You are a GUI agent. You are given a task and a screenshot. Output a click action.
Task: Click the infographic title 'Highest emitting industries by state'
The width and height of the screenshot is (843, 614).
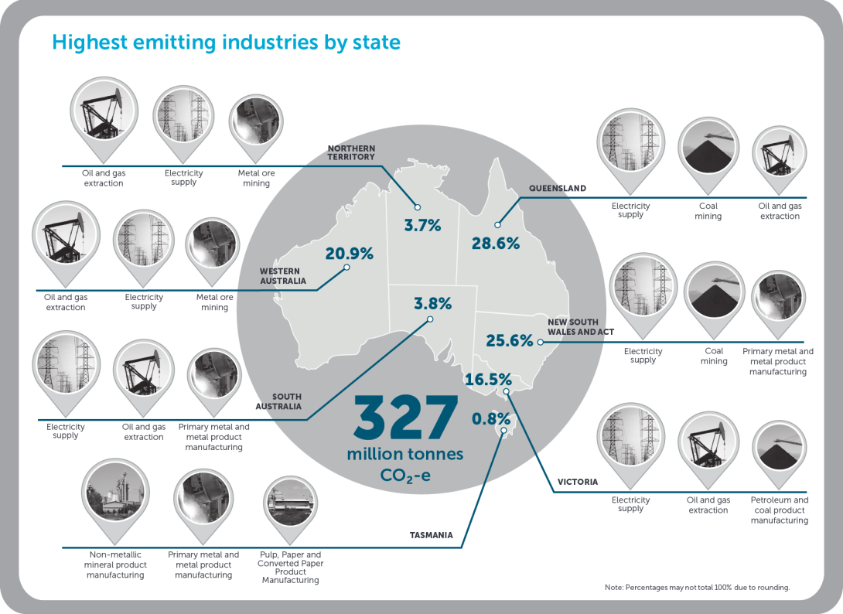tap(226, 42)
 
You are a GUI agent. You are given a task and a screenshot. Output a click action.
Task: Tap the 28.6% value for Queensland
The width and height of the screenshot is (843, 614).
tap(495, 243)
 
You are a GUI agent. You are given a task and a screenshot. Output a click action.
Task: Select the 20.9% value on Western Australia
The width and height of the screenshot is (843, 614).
tap(350, 253)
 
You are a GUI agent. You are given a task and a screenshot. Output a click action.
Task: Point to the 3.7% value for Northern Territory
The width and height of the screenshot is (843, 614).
tap(422, 226)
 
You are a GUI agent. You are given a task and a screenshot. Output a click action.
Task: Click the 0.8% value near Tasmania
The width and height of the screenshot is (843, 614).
tap(491, 420)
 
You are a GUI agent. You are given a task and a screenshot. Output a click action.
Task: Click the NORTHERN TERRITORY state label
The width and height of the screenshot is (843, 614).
tap(350, 152)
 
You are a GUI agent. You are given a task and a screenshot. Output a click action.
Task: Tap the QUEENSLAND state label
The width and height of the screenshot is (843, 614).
tap(557, 188)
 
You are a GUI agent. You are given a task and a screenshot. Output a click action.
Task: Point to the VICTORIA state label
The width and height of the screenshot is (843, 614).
tap(578, 482)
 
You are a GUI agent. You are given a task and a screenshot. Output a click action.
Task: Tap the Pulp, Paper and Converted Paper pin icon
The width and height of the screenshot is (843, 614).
tap(289, 505)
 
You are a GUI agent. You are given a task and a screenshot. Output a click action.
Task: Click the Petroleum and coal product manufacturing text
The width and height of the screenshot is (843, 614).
tap(779, 510)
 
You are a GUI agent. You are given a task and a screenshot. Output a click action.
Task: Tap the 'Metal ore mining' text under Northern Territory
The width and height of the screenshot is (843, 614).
tap(256, 178)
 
